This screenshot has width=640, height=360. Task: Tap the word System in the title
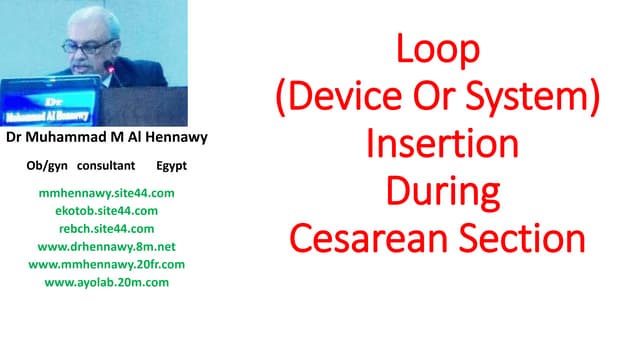(524, 96)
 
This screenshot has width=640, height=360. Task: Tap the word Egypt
(171, 164)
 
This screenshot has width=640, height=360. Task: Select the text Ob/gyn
(47, 164)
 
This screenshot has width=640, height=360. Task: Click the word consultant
(106, 164)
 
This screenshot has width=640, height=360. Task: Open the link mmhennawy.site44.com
(106, 192)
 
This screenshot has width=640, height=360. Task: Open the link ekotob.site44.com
(106, 210)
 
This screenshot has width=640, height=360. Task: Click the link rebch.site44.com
(106, 228)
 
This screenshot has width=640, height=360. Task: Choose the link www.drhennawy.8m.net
(106, 246)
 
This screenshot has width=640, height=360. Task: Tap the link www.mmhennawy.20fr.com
(106, 264)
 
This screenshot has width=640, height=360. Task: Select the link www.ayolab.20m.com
(106, 282)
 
